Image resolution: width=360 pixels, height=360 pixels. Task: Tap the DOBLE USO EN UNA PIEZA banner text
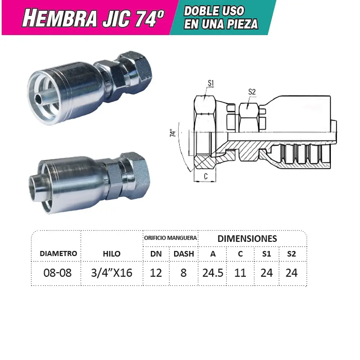(221, 17)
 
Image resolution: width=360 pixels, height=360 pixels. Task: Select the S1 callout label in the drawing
(211, 84)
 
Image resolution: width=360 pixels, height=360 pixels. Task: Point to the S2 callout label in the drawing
(252, 92)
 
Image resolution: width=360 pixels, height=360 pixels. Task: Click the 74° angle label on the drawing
(174, 133)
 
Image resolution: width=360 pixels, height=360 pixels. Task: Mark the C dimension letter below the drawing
(205, 176)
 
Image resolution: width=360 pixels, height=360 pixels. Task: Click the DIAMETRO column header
(58, 253)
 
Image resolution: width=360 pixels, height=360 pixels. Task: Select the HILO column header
(112, 253)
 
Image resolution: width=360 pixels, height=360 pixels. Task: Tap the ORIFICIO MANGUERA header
(171, 238)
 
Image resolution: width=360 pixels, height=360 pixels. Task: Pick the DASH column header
(184, 253)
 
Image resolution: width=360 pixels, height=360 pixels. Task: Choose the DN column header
(156, 253)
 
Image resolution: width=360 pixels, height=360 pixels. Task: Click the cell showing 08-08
(57, 273)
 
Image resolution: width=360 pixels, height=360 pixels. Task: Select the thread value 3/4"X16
(112, 273)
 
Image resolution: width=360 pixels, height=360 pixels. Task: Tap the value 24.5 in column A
(213, 273)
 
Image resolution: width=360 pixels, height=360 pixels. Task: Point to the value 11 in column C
(240, 273)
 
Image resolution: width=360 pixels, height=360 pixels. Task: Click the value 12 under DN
(156, 273)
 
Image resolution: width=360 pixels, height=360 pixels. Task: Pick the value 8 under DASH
(184, 273)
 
